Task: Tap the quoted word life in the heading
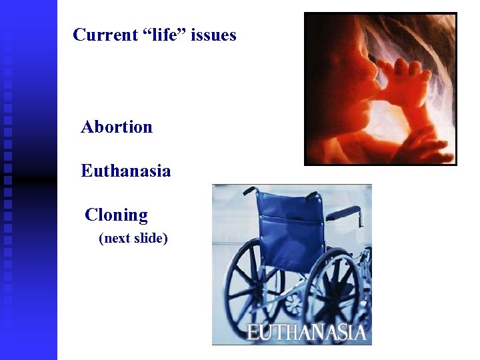[162, 35]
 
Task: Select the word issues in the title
[213, 35]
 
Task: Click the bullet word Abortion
[117, 127]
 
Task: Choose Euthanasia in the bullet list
[126, 171]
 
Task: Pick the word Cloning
[117, 215]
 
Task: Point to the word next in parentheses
[117, 238]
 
